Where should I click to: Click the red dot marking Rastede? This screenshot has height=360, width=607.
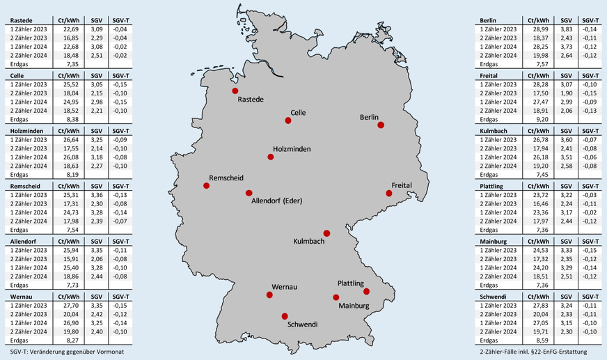[235, 91]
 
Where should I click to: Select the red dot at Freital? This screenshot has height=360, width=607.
[389, 194]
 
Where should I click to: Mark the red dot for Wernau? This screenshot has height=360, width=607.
[270, 295]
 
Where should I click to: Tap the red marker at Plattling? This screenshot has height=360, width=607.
[367, 291]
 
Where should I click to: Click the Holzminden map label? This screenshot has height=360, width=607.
[292, 149]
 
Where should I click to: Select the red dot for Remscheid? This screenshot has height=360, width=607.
[206, 185]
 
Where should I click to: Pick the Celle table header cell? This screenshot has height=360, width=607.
[19, 75]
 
